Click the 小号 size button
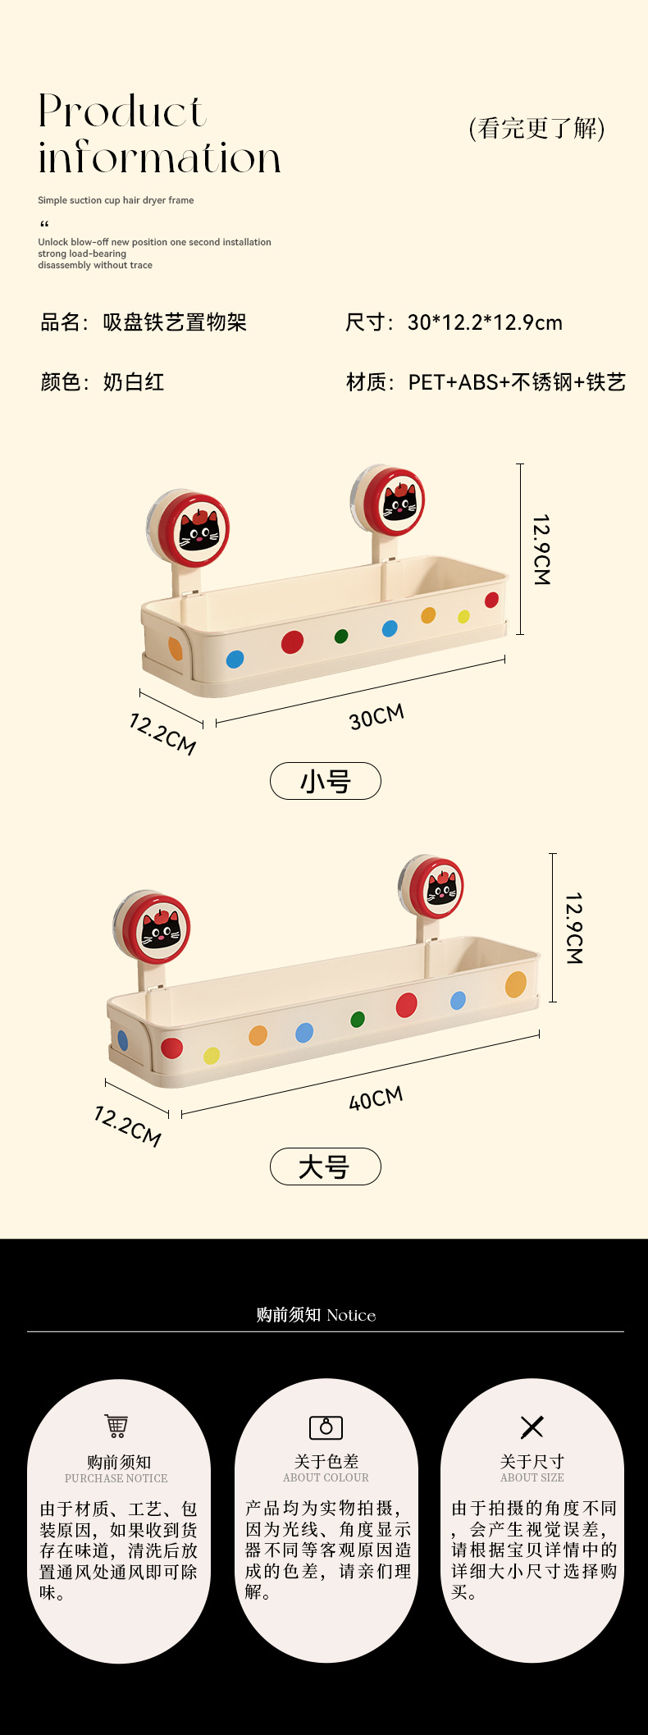point(326,780)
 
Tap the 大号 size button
point(326,1167)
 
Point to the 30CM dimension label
point(376,716)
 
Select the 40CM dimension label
point(376,1098)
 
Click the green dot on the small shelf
point(341,636)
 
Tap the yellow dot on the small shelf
point(463,616)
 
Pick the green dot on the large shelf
point(358,1019)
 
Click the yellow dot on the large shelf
point(212,1055)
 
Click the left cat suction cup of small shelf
point(193,529)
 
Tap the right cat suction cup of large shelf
point(436,887)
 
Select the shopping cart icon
point(116,1426)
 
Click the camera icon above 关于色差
point(326,1427)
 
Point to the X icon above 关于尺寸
point(532,1427)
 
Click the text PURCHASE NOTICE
point(116,1478)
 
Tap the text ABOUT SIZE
point(532,1477)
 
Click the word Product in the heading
point(121,112)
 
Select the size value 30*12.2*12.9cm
point(485,322)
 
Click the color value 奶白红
point(134,381)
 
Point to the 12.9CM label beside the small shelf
point(541,550)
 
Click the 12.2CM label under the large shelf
point(128,1125)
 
